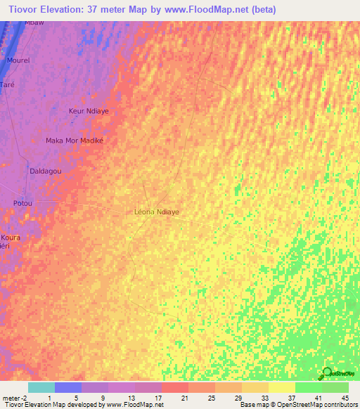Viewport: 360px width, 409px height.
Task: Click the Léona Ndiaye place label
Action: [156, 211]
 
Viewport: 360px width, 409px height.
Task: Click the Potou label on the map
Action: [23, 203]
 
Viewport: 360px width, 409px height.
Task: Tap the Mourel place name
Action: [18, 61]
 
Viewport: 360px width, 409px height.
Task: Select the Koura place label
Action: [11, 238]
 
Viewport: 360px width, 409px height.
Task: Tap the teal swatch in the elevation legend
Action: [41, 387]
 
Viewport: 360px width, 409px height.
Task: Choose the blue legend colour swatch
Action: [68, 387]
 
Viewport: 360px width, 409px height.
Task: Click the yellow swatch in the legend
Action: [282, 387]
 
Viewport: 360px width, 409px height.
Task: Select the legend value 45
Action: [345, 398]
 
